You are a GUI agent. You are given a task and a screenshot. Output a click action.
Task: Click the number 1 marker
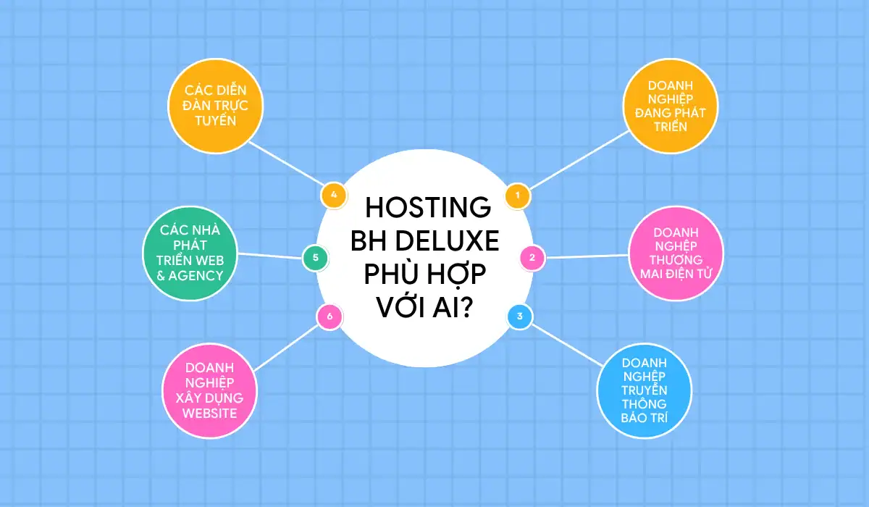518,195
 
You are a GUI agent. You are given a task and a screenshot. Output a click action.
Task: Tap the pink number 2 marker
532,257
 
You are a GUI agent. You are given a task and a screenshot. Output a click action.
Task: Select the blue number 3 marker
520,317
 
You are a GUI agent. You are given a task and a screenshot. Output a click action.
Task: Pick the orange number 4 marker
333,195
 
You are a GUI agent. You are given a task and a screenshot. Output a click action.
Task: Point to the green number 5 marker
315,257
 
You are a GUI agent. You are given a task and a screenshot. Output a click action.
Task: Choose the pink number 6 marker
329,317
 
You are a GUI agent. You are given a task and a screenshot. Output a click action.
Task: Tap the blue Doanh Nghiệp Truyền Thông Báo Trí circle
644,389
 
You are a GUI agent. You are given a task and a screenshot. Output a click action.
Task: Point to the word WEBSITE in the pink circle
210,413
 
